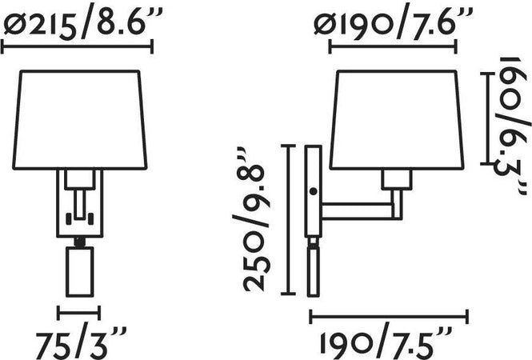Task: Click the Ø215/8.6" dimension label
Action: pos(82,22)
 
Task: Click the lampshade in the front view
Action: pos(80,119)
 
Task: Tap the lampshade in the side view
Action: pos(396,119)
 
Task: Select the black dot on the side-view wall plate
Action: pos(314,191)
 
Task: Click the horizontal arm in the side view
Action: pos(356,210)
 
